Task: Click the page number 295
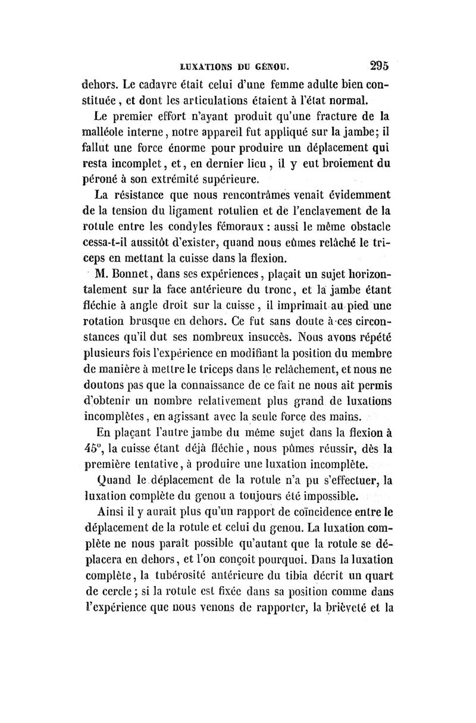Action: point(378,65)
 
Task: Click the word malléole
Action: point(104,130)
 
